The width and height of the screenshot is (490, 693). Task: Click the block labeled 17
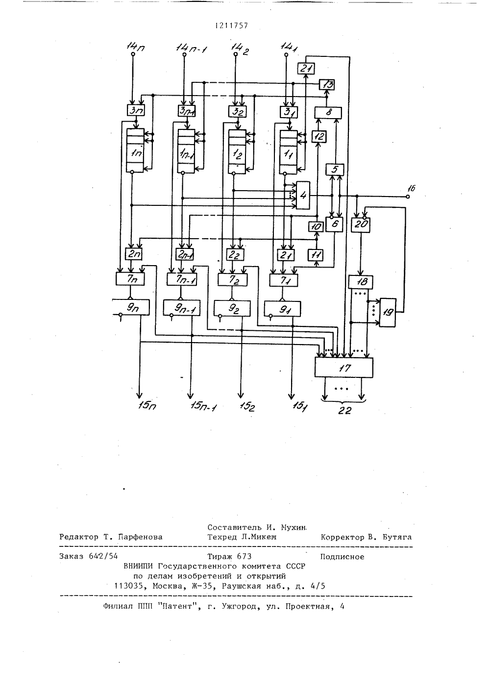pyautogui.click(x=343, y=367)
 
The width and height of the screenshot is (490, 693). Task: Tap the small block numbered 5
pyautogui.click(x=335, y=169)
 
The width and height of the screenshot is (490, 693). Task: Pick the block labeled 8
pyautogui.click(x=328, y=113)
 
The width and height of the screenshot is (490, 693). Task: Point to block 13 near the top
pyautogui.click(x=327, y=84)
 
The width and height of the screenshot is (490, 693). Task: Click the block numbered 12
pyautogui.click(x=319, y=136)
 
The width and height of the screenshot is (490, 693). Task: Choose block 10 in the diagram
pyautogui.click(x=316, y=227)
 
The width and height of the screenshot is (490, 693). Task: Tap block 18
pyautogui.click(x=360, y=281)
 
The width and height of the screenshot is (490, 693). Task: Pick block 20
pyautogui.click(x=361, y=224)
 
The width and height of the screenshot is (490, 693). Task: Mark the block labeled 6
pyautogui.click(x=334, y=224)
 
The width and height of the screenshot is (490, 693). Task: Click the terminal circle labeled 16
pyautogui.click(x=408, y=197)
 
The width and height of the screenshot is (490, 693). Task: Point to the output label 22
pyautogui.click(x=344, y=411)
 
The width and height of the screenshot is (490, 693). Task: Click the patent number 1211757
pyautogui.click(x=231, y=25)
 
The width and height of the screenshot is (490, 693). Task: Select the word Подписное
pyautogui.click(x=342, y=557)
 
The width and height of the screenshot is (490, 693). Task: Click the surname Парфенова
pyautogui.click(x=140, y=537)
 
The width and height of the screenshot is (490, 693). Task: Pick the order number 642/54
pyautogui.click(x=103, y=556)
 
